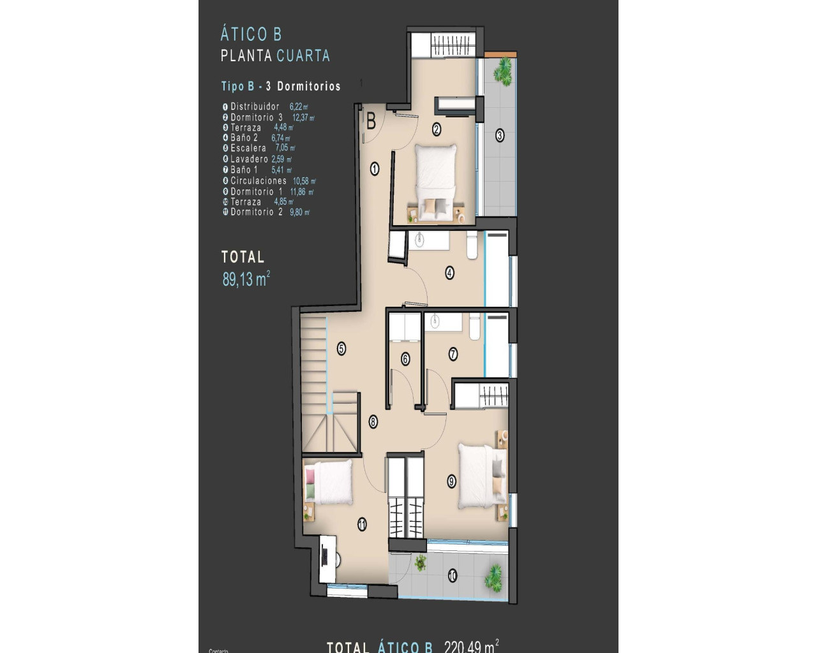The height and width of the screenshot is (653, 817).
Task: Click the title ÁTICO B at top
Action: [x=251, y=34]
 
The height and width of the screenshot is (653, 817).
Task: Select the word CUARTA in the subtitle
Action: [x=303, y=55]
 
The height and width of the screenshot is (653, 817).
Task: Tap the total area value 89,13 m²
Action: [x=246, y=279]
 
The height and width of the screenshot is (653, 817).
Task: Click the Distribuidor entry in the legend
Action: [x=255, y=106]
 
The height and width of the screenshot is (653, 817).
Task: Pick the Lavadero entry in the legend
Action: [x=250, y=159]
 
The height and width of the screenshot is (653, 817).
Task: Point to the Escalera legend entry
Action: [x=248, y=148]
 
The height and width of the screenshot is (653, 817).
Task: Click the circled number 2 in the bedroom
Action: [x=437, y=129]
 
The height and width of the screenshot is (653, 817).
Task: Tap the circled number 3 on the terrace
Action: [x=500, y=135]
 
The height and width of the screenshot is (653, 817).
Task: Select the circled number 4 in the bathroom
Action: [x=449, y=273]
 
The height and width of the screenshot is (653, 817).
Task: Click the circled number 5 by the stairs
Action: [x=341, y=349]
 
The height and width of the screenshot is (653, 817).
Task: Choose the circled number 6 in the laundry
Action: [x=405, y=359]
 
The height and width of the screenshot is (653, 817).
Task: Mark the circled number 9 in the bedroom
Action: [x=452, y=481]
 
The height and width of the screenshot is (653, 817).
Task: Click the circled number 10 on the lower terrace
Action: [x=453, y=576]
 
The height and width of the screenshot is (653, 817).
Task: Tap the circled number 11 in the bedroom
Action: [x=362, y=525]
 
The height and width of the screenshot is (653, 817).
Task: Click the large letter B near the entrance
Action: [x=370, y=121]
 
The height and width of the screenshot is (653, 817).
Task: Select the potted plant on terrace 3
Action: [x=504, y=70]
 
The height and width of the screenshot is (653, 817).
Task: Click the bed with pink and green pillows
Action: [x=329, y=482]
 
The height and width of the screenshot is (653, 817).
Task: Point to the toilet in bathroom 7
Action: [x=474, y=326]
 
